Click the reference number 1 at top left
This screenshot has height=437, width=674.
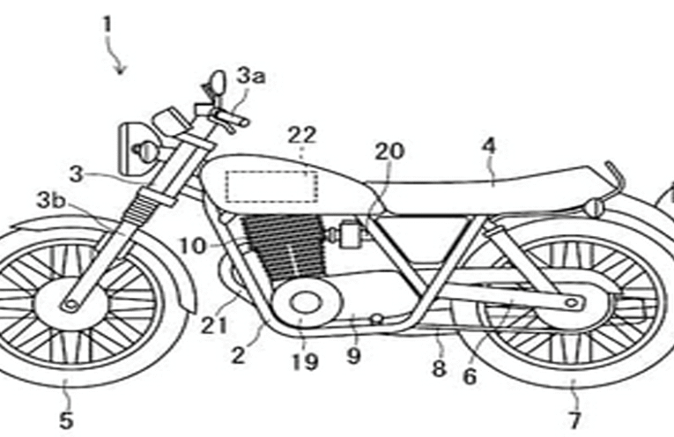coord(107,24)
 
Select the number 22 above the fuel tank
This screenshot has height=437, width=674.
coord(301,136)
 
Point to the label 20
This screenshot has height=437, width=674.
coord(388,151)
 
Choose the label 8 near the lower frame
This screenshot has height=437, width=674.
coord(438,369)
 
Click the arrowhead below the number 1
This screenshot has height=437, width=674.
coord(124,68)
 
